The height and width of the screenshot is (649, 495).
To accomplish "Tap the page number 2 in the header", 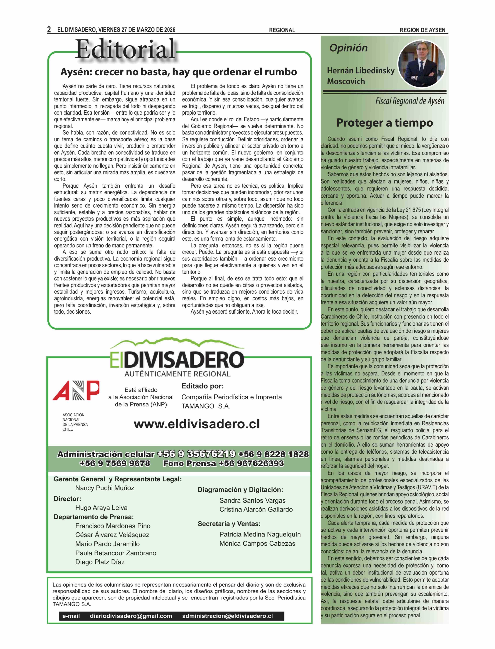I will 49,30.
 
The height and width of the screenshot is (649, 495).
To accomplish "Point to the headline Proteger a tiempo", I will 384,123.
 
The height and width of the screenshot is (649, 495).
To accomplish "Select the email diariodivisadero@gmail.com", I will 131,616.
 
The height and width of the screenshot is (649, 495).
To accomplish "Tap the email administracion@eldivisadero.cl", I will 227,616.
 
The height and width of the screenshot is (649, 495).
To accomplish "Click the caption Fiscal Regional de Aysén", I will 410,101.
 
